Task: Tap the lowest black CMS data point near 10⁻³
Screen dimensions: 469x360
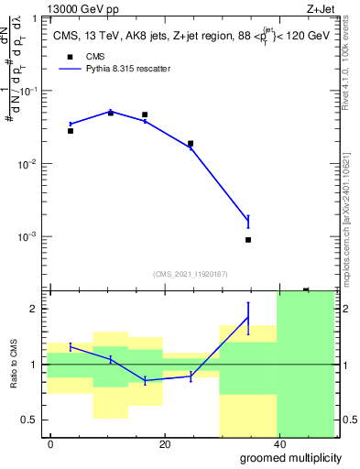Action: click(x=248, y=240)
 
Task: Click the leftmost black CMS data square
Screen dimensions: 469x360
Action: click(x=71, y=131)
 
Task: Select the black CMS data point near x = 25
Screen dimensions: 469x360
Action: click(x=191, y=144)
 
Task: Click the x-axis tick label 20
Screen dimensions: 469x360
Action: click(x=164, y=444)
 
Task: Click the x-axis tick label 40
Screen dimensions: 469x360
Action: click(x=278, y=444)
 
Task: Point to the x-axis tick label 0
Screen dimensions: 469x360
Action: click(x=50, y=444)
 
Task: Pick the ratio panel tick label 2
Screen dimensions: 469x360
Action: click(x=36, y=309)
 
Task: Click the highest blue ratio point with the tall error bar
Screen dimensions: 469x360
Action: click(x=248, y=318)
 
